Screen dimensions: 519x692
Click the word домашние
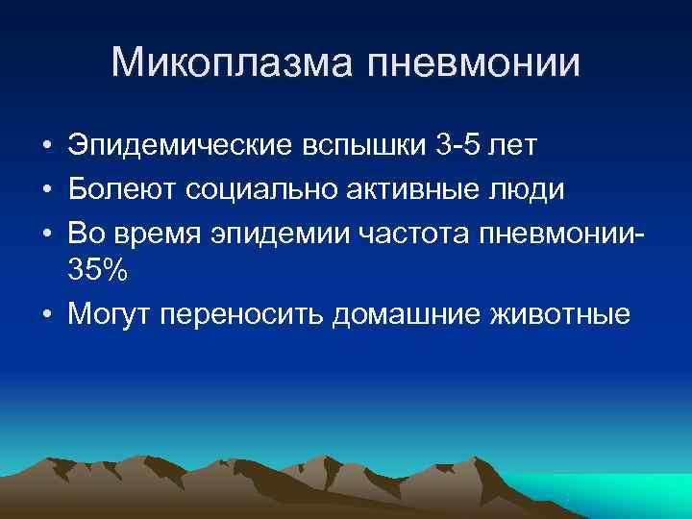coord(410,313)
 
